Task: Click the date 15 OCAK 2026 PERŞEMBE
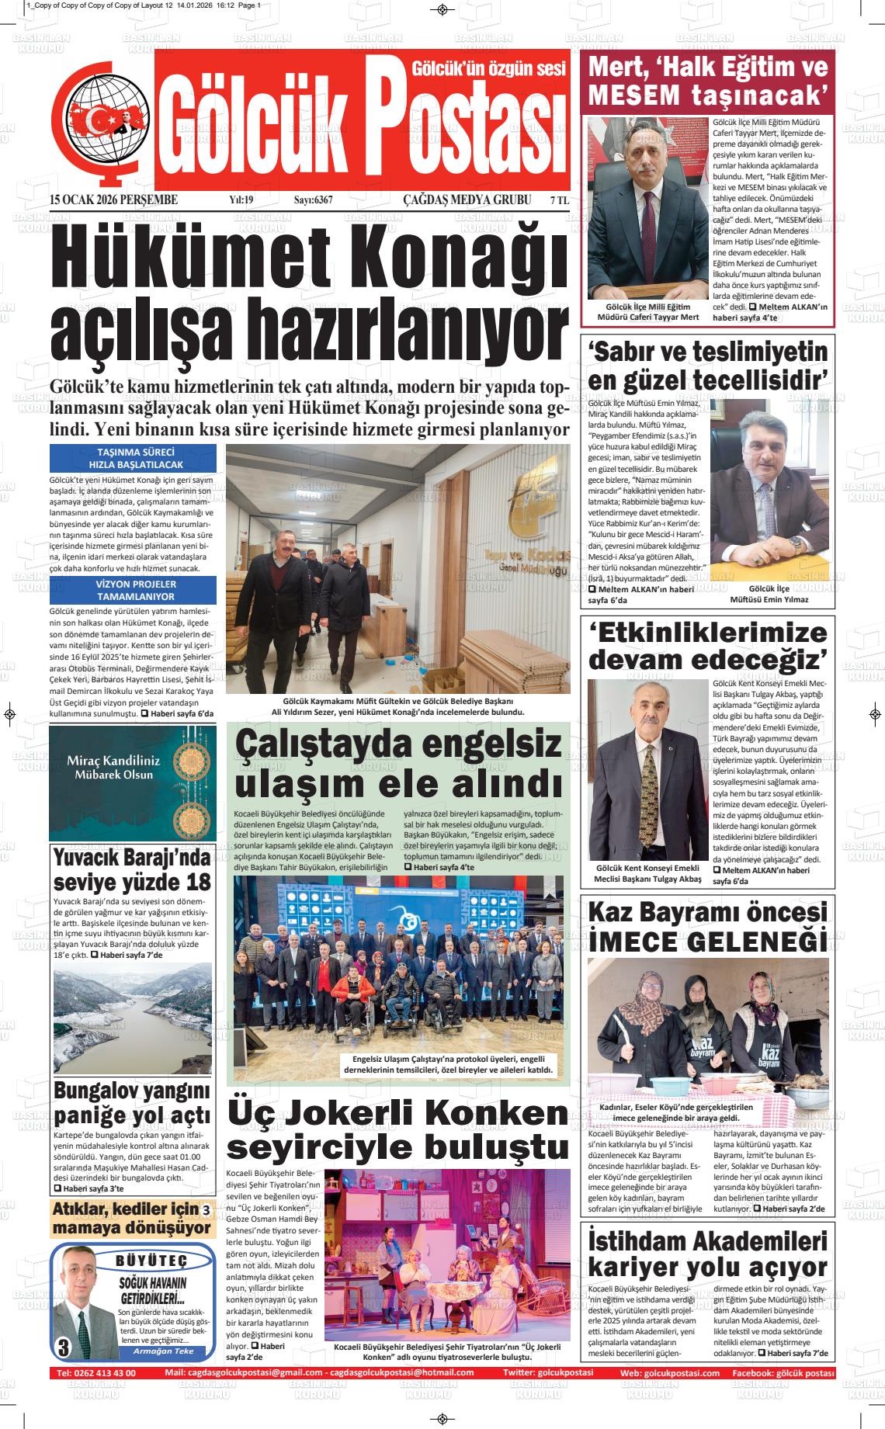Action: click(x=113, y=200)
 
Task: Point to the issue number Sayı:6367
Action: click(x=313, y=200)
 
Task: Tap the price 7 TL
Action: click(x=559, y=200)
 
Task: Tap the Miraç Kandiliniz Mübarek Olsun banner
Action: click(x=133, y=783)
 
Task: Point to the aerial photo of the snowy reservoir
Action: click(x=132, y=1018)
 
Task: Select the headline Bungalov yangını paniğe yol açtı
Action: click(x=132, y=1103)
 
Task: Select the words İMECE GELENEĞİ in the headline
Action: click(x=707, y=942)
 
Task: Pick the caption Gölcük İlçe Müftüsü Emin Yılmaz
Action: click(x=769, y=594)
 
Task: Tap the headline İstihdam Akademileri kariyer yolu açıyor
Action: click(x=707, y=1254)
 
